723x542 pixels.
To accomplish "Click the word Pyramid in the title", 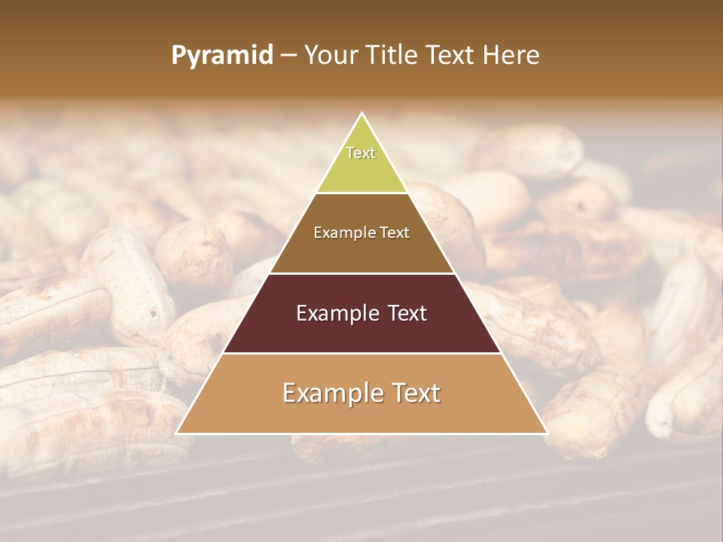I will [222, 56].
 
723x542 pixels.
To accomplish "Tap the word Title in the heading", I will [396, 56].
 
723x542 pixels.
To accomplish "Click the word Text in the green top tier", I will [361, 153].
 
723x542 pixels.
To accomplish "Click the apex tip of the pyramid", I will [361, 114].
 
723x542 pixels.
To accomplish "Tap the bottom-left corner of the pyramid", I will [177, 433].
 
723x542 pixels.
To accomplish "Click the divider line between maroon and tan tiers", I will [361, 353].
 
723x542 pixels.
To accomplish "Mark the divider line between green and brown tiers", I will [361, 193].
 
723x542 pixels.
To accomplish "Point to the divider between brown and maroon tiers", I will [361, 273].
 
